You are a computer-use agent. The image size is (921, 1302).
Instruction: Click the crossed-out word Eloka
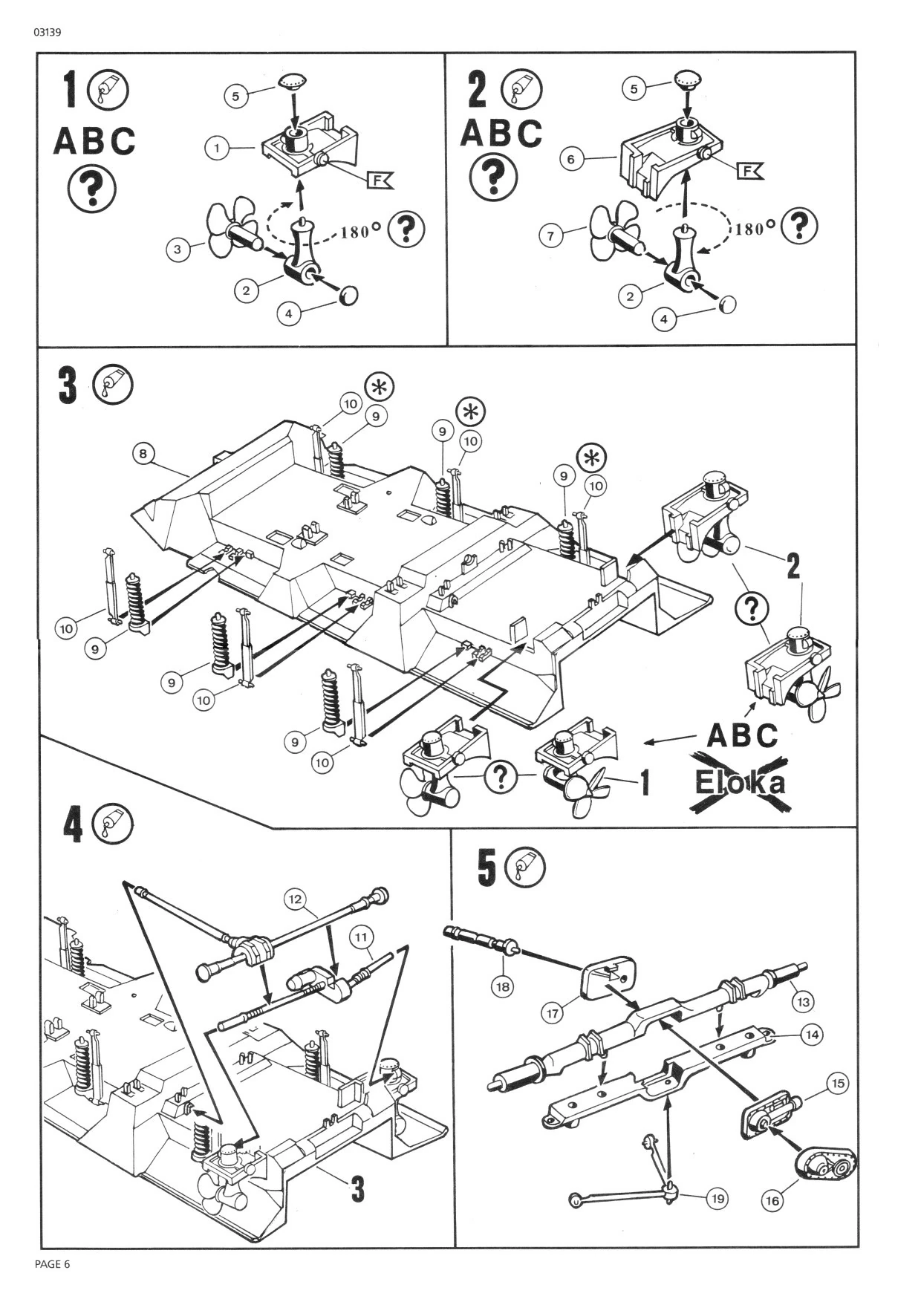pos(738,783)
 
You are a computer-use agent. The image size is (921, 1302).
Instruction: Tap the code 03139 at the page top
pos(46,33)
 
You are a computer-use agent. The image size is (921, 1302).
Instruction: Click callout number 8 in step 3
pos(144,453)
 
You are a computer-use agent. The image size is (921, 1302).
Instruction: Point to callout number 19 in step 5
pos(717,1198)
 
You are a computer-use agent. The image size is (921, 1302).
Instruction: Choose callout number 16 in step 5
pos(773,1200)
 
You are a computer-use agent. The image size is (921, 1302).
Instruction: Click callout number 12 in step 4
pos(296,899)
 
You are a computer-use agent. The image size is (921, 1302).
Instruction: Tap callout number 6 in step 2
pos(571,159)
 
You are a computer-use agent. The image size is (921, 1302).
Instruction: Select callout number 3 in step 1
pos(177,250)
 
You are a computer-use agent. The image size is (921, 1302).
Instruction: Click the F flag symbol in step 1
pos(381,179)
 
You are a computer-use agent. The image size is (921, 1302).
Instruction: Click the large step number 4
pos(72,826)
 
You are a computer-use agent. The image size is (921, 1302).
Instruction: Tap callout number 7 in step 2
pos(550,236)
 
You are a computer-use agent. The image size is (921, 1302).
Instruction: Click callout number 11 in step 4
pos(361,937)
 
